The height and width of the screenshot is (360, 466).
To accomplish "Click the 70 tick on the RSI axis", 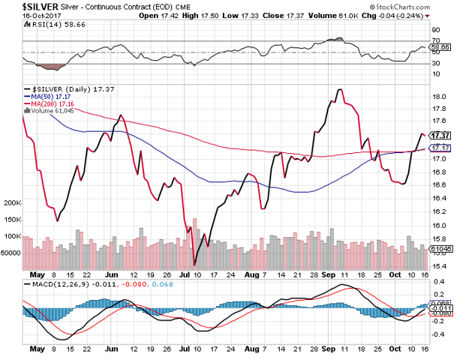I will point(436,40).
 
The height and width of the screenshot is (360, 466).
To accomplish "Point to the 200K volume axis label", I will point(12,203).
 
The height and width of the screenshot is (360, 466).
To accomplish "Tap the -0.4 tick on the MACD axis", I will point(439,334).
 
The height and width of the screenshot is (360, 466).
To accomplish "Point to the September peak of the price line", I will point(340,89).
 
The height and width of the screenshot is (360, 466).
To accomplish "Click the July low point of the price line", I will point(194,264).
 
